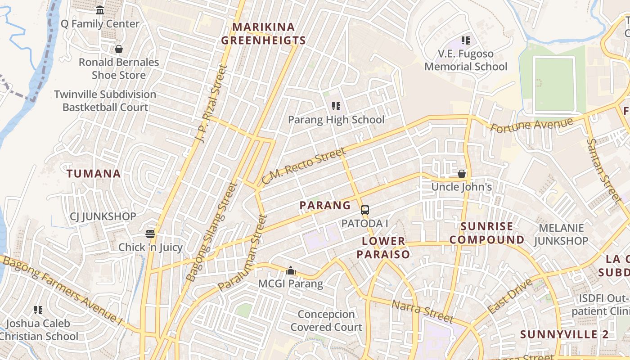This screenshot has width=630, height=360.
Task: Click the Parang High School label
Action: [336, 120]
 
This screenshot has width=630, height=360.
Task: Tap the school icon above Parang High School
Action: [336, 106]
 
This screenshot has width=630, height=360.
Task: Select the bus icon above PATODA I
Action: [365, 210]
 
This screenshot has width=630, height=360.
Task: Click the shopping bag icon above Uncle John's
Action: [462, 174]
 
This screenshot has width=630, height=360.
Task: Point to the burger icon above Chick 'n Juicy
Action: [150, 234]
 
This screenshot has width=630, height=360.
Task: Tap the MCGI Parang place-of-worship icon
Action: [291, 270]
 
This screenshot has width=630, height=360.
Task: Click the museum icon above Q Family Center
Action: [100, 10]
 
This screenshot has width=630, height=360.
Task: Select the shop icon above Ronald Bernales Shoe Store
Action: [119, 49]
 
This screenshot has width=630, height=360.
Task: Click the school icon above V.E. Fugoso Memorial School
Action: [466, 40]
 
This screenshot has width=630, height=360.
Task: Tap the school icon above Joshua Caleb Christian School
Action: [38, 310]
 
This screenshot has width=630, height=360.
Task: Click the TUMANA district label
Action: [94, 174]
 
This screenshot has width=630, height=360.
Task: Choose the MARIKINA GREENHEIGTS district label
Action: [264, 34]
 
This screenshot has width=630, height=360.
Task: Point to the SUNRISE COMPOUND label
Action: [487, 233]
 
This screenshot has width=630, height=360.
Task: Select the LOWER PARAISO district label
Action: [383, 247]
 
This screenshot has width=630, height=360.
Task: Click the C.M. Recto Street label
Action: [303, 166]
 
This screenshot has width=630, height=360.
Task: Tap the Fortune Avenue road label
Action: [531, 125]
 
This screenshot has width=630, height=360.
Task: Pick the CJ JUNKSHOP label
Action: [103, 216]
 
